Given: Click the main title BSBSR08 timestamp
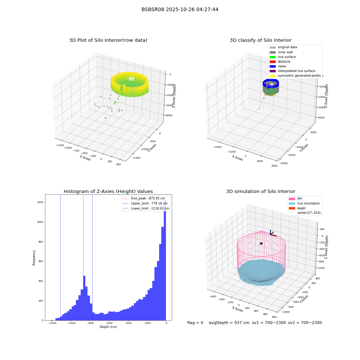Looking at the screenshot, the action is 180,9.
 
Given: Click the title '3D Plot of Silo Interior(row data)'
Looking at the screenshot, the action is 108,40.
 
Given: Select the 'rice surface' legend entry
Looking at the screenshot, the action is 283,57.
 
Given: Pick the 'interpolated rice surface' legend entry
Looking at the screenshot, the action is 292,71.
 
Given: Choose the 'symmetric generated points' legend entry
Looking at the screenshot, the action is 295,76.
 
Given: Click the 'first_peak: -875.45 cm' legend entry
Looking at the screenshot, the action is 144,198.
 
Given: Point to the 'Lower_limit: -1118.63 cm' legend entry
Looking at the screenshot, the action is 146,208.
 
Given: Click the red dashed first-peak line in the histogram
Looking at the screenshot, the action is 84,257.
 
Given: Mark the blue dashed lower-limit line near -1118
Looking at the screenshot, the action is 60,257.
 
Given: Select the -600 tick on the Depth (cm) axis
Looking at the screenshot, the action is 109,323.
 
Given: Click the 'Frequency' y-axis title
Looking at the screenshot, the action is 34,258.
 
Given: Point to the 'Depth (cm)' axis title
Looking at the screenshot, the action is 108,327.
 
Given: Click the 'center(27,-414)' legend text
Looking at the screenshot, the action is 309,213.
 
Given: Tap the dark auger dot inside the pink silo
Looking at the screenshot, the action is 261,243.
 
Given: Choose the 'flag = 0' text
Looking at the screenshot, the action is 195,323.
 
